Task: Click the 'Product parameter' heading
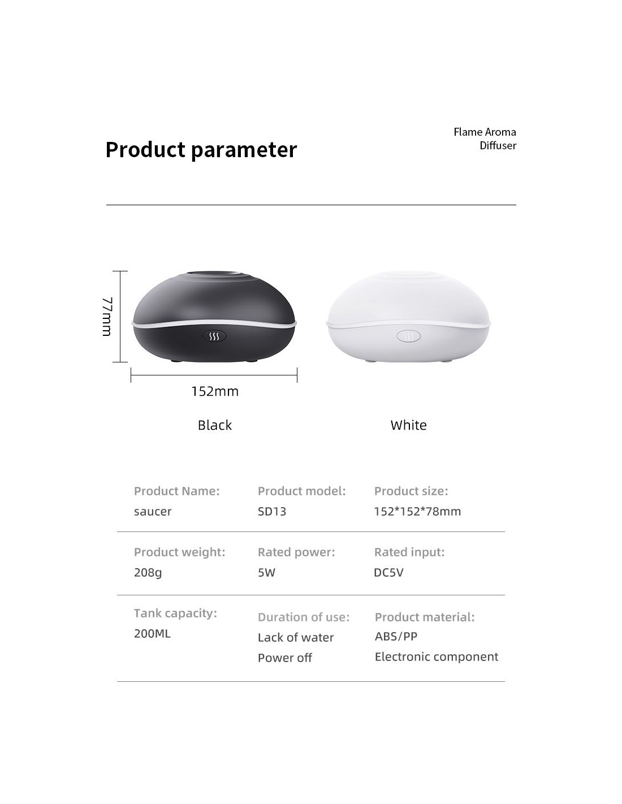pos(201,150)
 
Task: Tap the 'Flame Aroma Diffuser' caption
pos(485,139)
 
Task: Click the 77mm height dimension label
pos(107,317)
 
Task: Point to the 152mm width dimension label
pos(215,391)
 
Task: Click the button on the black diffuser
pos(214,336)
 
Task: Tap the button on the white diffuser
pos(408,336)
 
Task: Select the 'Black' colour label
pos(215,425)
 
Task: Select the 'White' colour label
pos(408,425)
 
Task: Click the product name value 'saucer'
pos(153,512)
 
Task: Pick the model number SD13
pos(272,511)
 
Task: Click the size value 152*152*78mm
pos(417,511)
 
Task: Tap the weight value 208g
pos(148,573)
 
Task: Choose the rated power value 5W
pos(266,572)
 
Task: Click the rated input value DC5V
pos(388,572)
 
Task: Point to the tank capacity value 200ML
pos(152,633)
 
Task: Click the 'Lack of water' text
pos(296,638)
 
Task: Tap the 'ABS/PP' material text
pos(396,636)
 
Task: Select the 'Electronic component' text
pos(437,657)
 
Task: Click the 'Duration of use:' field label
pos(304,617)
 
